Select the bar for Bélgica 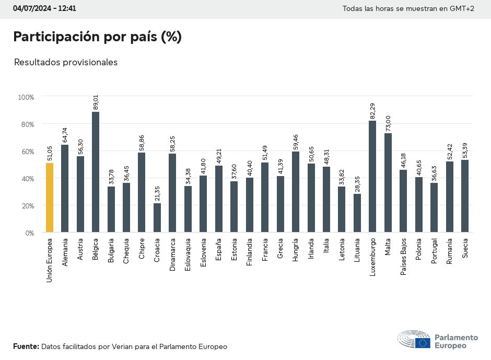[96, 172]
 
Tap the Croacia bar [157, 218]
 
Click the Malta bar [388, 183]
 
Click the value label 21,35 [157, 194]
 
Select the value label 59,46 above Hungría [296, 142]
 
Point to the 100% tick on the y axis [26, 97]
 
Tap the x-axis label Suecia [465, 248]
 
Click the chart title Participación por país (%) [97, 37]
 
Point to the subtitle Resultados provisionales [66, 62]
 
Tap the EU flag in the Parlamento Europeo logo [423, 343]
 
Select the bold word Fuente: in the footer [26, 346]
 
